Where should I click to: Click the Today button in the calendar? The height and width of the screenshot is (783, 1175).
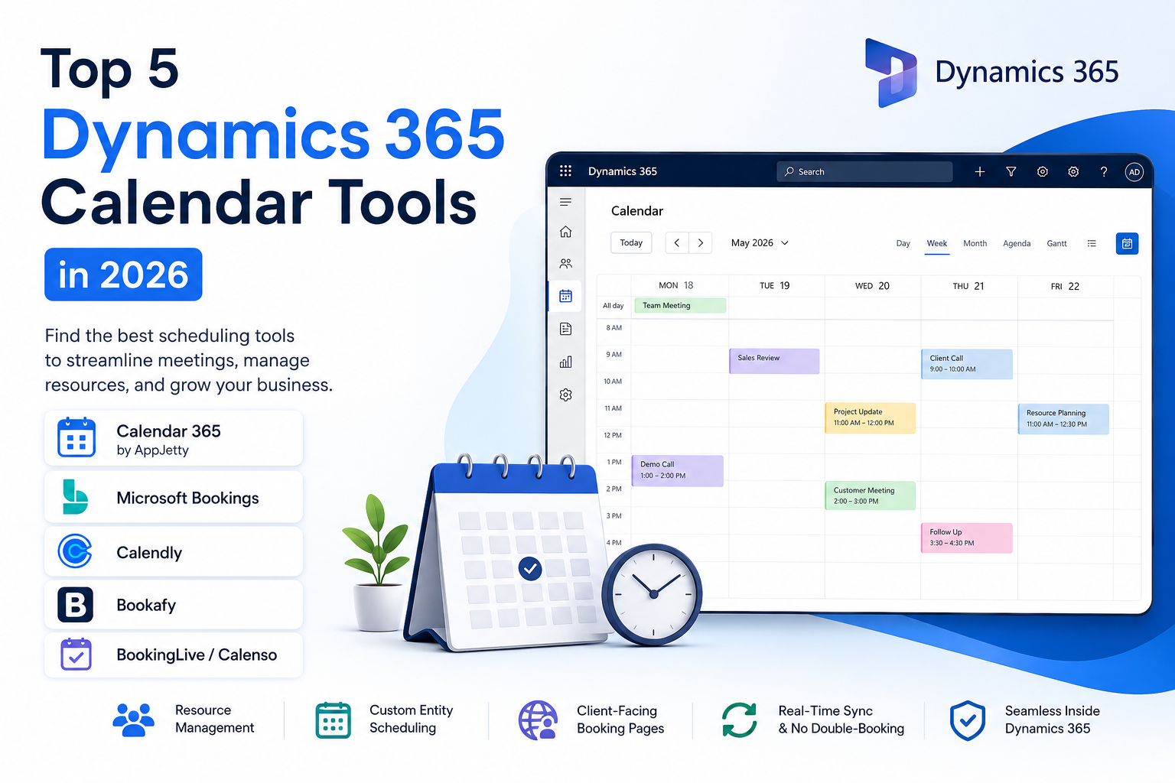click(x=631, y=243)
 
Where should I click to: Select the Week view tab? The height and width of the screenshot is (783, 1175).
click(x=936, y=243)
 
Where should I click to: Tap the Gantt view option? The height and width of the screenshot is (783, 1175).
click(x=1056, y=243)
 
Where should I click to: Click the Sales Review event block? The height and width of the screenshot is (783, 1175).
click(x=774, y=361)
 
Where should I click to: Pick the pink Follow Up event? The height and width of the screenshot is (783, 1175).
click(x=966, y=538)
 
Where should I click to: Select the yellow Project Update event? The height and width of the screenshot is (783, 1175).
click(x=871, y=417)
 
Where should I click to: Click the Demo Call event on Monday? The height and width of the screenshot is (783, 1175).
click(x=677, y=470)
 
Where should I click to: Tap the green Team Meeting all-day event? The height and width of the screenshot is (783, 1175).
click(x=680, y=305)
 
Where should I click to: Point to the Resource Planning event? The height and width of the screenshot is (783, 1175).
click(x=1063, y=418)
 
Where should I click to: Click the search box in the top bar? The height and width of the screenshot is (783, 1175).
click(x=864, y=171)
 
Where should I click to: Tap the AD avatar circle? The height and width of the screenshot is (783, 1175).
click(x=1134, y=172)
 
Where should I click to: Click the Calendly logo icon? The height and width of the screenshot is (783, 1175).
click(x=75, y=551)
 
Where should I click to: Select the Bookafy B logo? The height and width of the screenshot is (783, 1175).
click(x=75, y=605)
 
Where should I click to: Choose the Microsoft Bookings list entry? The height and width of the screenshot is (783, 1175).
click(x=174, y=497)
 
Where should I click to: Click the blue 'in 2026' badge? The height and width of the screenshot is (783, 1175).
click(x=123, y=275)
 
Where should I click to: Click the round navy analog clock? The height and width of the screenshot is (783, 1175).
click(x=653, y=594)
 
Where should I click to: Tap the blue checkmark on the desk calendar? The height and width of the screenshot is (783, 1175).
click(x=530, y=568)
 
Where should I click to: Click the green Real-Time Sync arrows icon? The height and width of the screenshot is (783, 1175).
click(x=739, y=720)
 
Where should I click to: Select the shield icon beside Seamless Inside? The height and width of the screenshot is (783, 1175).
click(x=967, y=720)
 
